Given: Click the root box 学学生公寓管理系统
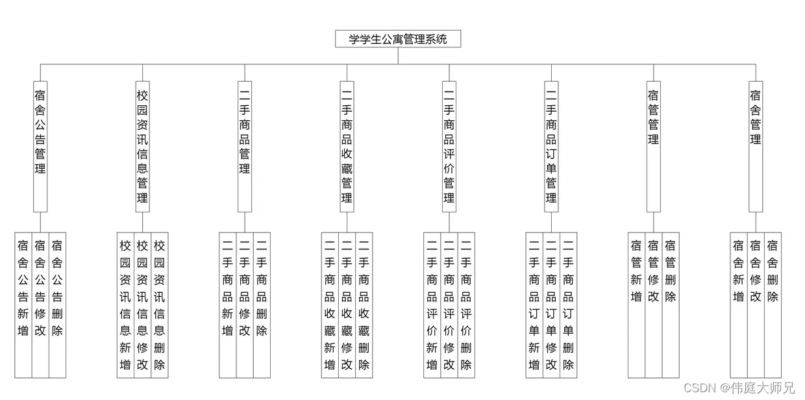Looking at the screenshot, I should click(x=398, y=39).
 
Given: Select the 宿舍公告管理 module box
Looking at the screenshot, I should click(x=40, y=146).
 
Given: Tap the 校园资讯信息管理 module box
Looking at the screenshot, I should click(x=142, y=146).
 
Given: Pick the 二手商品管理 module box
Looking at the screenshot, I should click(x=245, y=146).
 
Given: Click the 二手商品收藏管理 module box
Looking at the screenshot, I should click(x=347, y=146).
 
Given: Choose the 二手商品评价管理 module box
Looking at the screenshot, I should click(x=449, y=146).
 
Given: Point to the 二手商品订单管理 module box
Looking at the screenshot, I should click(x=551, y=146).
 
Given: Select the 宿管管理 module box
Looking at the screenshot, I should click(x=653, y=146).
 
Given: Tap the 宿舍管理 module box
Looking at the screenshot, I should click(x=755, y=146).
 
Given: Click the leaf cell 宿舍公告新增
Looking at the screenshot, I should click(x=23, y=305).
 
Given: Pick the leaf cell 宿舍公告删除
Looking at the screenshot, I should click(x=57, y=305).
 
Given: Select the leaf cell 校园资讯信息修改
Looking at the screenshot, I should click(x=142, y=305).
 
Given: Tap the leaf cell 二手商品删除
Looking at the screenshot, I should click(x=262, y=305).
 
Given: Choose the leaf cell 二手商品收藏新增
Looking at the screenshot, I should click(x=330, y=305).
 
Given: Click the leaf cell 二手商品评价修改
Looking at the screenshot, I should click(x=449, y=305).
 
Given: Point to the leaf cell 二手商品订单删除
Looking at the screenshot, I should click(x=568, y=305).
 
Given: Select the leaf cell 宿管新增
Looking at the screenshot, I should click(x=636, y=305).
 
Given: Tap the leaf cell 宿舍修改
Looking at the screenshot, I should click(x=755, y=305).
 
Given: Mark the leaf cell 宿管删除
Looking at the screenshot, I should click(x=670, y=305).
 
